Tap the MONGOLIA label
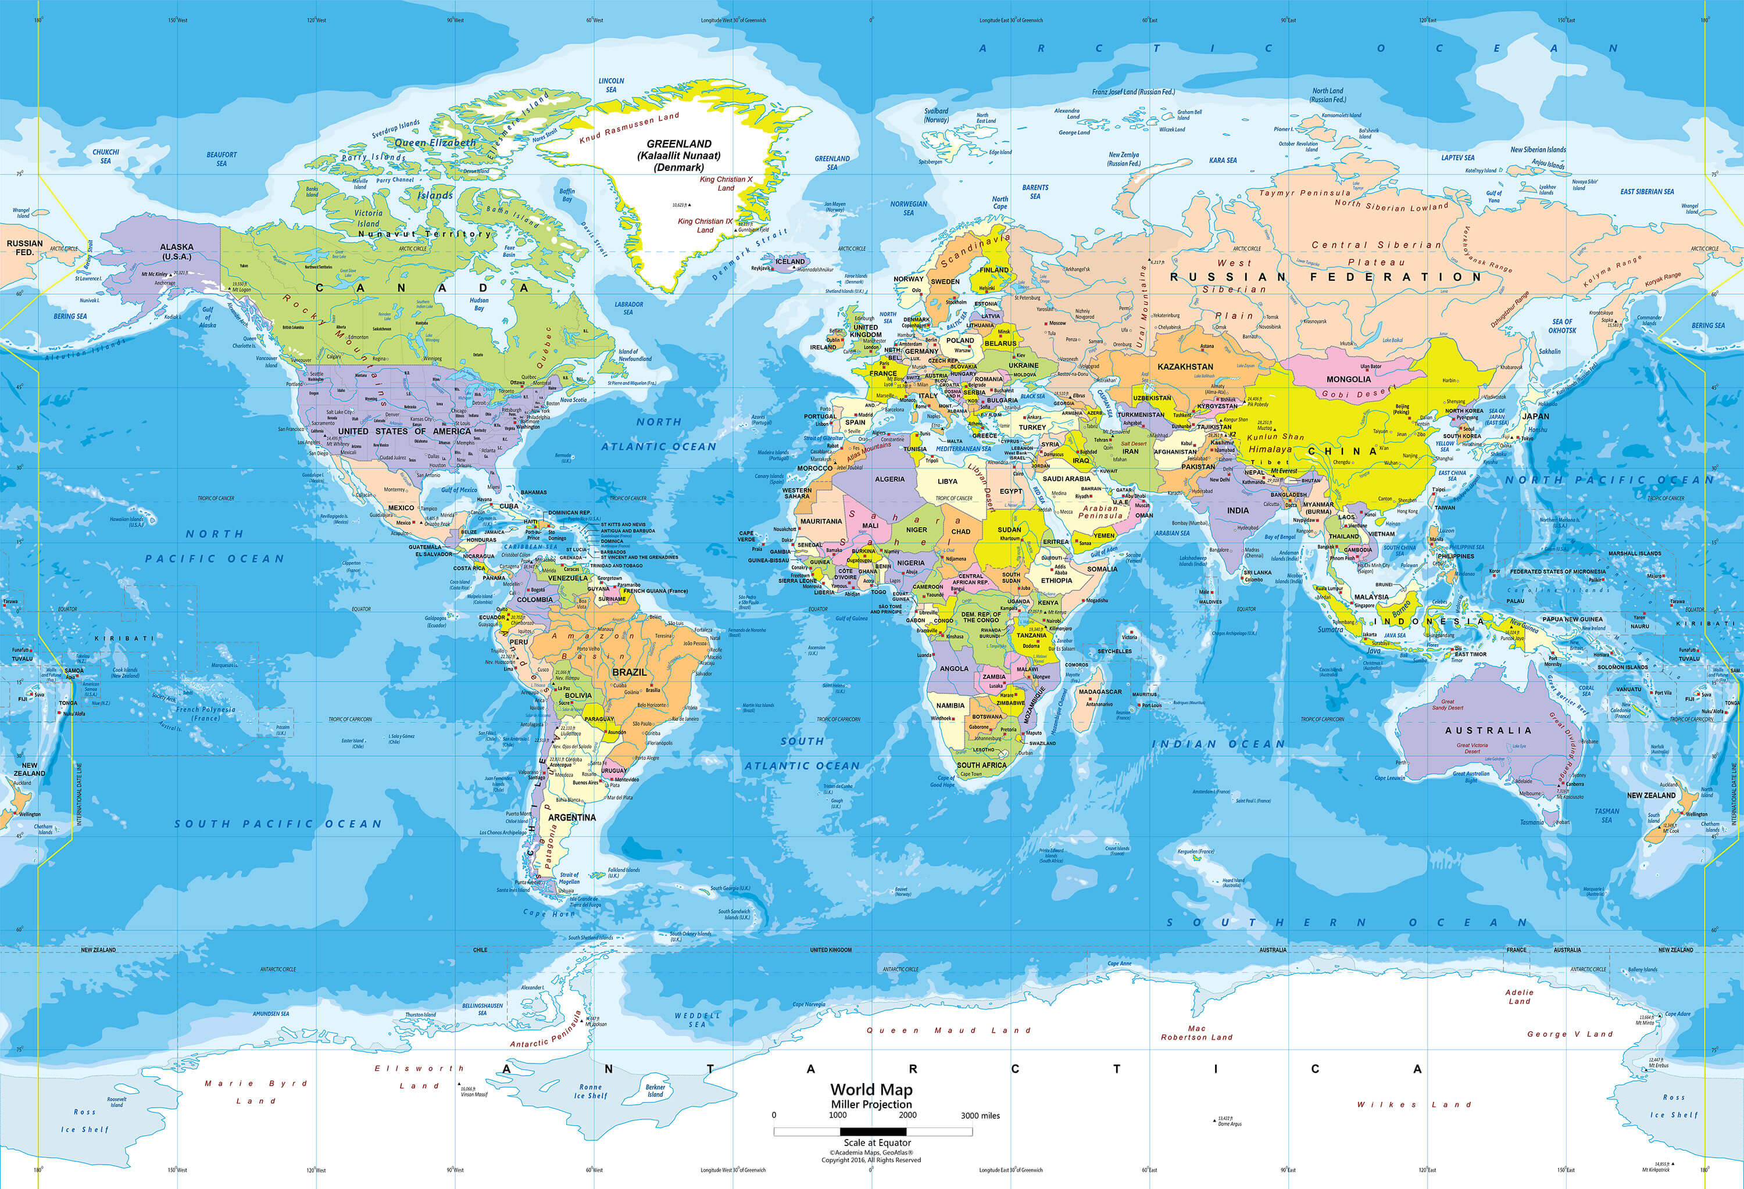(x=1349, y=379)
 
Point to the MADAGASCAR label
(x=1100, y=692)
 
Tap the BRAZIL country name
(x=630, y=672)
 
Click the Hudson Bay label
(x=479, y=304)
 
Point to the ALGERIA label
(x=890, y=479)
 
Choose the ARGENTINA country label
(x=572, y=817)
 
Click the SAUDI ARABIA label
(x=1066, y=479)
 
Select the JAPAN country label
(x=1535, y=416)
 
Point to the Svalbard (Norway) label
(x=937, y=115)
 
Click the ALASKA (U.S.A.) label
(x=176, y=251)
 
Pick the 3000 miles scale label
(x=980, y=1115)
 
